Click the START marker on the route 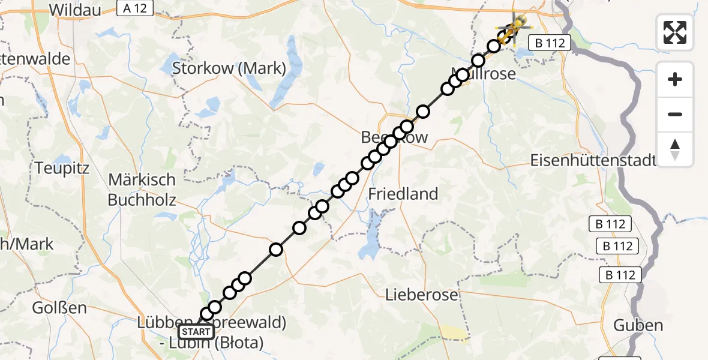click(x=196, y=332)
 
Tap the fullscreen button click(x=675, y=32)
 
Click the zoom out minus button click(x=675, y=114)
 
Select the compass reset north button click(x=675, y=149)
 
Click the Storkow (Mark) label click(x=229, y=68)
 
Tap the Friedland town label click(x=403, y=194)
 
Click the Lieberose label click(x=422, y=295)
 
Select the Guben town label click(x=638, y=326)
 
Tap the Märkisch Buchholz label click(x=142, y=189)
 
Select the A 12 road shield click(x=135, y=8)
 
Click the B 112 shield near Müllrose click(x=549, y=42)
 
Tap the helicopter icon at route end click(x=514, y=26)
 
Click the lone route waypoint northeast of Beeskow click(x=423, y=112)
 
